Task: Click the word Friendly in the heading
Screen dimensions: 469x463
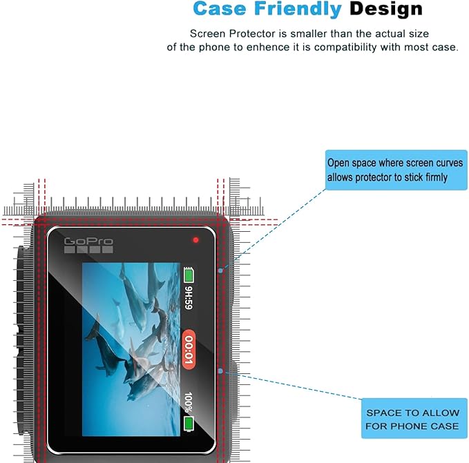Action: coord(298,9)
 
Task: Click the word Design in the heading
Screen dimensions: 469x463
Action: coord(386,9)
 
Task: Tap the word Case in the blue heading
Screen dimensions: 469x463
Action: coord(220,9)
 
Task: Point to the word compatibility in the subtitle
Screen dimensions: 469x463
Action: coord(345,47)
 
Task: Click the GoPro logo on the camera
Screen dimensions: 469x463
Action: coord(88,245)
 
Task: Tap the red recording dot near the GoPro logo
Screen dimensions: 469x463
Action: coord(195,240)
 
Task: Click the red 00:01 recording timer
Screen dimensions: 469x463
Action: coord(189,349)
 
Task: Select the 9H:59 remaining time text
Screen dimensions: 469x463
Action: coord(189,297)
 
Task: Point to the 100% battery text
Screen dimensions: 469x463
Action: coord(189,402)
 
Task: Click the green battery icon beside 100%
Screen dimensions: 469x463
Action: coord(189,424)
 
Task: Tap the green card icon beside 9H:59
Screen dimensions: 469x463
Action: coord(189,275)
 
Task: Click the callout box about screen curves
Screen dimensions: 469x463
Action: coord(396,170)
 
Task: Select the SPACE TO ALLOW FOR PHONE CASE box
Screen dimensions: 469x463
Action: coord(414,418)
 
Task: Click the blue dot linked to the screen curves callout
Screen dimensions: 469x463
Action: coord(220,270)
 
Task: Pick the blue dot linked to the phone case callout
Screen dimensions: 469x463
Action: coord(220,371)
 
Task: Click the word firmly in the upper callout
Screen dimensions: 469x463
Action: coord(437,177)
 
